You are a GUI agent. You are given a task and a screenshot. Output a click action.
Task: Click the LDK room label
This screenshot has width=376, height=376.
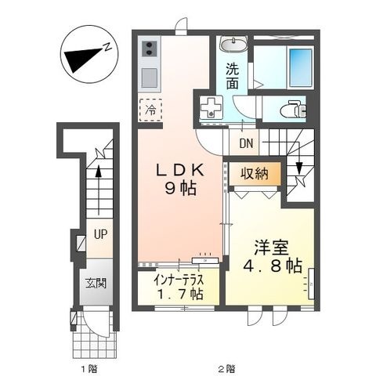click(180, 171)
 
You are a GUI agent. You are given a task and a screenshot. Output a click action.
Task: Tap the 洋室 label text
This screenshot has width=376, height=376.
click(272, 248)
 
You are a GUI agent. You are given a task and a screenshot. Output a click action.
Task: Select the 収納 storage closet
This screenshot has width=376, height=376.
click(255, 174)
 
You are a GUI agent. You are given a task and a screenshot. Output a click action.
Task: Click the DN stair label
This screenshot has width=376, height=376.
click(246, 143)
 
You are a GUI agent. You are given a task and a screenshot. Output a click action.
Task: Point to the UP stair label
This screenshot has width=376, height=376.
click(101, 234)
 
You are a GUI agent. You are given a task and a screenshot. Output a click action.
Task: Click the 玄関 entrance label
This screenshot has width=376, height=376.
click(96, 283)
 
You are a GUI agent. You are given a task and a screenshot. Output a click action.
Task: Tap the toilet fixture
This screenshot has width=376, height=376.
click(294, 110)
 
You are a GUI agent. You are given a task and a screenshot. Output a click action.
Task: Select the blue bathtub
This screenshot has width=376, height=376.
click(301, 67)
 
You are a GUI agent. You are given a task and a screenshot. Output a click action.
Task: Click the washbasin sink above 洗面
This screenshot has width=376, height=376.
click(233, 44)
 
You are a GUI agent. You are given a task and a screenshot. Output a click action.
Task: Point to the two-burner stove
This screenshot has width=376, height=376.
click(150, 49)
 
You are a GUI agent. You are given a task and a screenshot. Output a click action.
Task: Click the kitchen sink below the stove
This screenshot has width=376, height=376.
click(150, 78)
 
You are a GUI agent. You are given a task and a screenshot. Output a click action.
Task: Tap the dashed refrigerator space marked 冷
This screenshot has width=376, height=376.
click(150, 110)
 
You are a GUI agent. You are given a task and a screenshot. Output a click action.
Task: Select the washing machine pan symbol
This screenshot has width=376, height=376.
click(211, 107)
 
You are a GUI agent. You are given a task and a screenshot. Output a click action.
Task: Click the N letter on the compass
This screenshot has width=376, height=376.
click(107, 47)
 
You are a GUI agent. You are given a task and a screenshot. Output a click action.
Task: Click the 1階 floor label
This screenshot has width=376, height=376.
click(90, 369)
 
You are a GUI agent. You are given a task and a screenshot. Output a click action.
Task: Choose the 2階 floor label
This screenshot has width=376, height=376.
click(227, 369)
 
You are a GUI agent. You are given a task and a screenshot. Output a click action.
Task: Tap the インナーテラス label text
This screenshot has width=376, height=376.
click(179, 280)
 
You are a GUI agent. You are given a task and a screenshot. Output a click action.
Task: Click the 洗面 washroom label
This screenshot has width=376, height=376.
click(232, 76)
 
